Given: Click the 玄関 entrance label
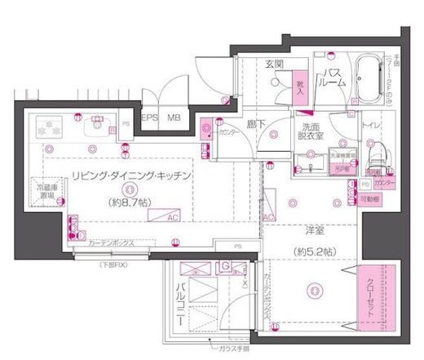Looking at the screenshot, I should [273, 64].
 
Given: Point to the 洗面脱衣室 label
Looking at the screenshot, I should [312, 133].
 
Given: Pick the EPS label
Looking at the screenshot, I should [149, 118].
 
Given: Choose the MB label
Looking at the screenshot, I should [174, 118].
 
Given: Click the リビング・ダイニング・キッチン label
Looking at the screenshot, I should [130, 176].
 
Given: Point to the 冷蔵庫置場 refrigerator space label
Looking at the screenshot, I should [46, 192].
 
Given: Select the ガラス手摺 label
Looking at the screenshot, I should [233, 348].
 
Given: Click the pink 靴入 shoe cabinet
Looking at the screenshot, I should [299, 88].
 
